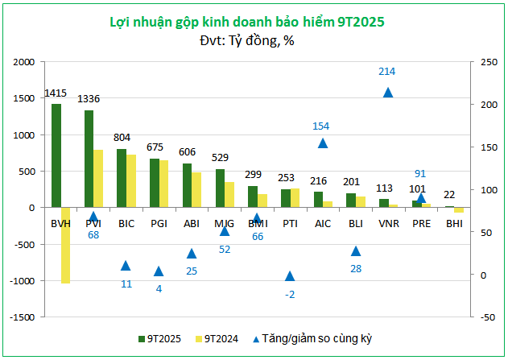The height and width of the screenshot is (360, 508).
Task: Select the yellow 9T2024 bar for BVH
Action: coord(65,245)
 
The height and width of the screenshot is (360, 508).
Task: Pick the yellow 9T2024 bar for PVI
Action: coord(98,178)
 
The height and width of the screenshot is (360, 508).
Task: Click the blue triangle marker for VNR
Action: coord(387,92)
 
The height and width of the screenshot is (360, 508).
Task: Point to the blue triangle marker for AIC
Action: coord(322,143)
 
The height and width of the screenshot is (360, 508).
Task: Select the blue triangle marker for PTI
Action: coord(290,276)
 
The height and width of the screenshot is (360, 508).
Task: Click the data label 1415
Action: coord(56,93)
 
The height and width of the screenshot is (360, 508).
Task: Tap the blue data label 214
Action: coord(387,72)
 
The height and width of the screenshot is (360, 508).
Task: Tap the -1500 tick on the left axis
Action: coord(23,317)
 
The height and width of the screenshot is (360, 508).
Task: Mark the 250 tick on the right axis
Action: coord(488,61)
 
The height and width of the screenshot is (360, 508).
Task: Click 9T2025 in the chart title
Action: coord(357,22)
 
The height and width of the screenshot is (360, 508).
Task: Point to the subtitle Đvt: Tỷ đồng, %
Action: coord(247,40)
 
